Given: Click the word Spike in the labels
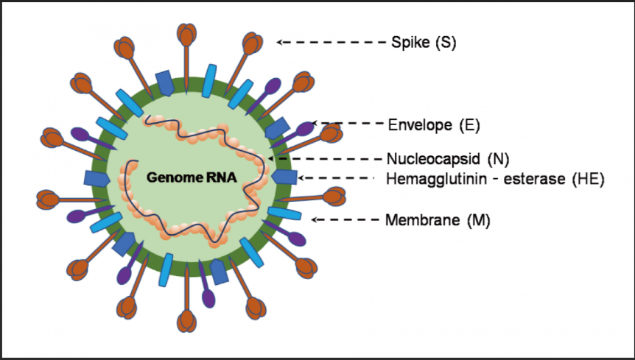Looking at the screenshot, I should click(407, 42).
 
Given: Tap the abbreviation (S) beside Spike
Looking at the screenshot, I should click(446, 42).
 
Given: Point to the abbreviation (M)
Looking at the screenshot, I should click(479, 219).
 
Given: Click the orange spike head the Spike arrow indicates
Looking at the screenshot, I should click(253, 43).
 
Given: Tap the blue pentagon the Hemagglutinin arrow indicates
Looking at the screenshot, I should click(285, 177).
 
